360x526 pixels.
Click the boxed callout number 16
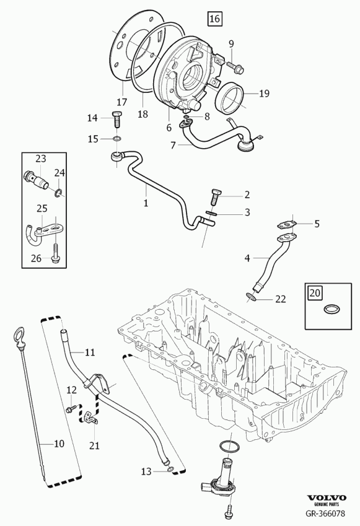[x=214, y=19]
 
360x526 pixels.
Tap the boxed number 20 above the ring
[x=315, y=293]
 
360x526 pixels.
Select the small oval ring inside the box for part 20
[x=331, y=309]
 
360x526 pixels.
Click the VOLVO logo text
[x=327, y=498]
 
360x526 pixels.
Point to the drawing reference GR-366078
[x=325, y=513]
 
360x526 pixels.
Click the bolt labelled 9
[x=235, y=67]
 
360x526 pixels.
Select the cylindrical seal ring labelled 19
[x=230, y=98]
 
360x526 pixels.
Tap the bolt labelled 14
[x=116, y=119]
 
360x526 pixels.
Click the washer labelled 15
[x=116, y=139]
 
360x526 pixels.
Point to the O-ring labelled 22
[x=252, y=297]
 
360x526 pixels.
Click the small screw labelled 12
[x=71, y=409]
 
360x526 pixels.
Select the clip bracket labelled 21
[x=90, y=418]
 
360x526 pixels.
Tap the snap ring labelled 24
[x=59, y=193]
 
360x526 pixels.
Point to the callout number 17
[x=122, y=102]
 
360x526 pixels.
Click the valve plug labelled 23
[x=36, y=180]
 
